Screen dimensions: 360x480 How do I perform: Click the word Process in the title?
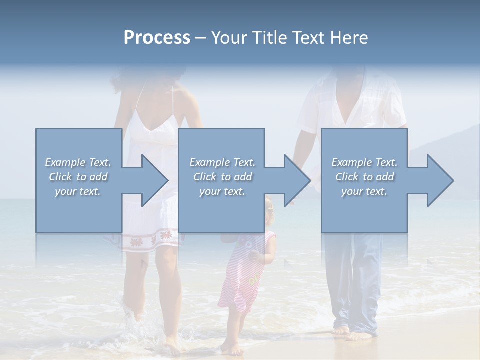pos(157,38)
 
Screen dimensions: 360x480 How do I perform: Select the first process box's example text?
pos(78,177)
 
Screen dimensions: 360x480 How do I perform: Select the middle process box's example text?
pos(222,177)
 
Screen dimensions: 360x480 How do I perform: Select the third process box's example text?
pos(364,177)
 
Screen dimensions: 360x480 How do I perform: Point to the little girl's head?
pos(269,209)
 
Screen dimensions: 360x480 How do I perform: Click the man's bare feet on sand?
pos(352,333)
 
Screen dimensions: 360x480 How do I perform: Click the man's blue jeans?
pos(352,280)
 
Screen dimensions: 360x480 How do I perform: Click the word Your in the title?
pos(229,38)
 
